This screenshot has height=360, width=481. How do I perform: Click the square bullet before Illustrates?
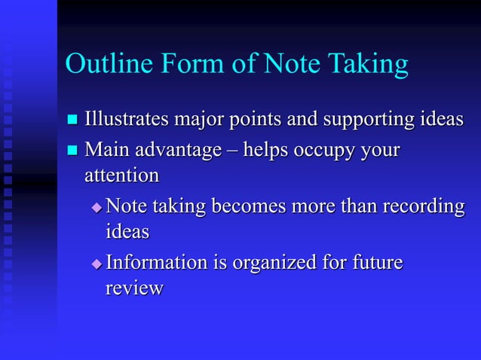point(72,121)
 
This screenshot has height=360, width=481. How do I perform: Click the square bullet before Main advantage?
point(72,151)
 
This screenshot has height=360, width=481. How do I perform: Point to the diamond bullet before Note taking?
point(96,207)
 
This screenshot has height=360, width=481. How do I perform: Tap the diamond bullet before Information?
point(96,264)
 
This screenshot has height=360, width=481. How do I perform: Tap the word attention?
point(121,175)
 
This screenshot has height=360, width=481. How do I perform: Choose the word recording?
point(423,207)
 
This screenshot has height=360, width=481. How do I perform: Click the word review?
point(134,288)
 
